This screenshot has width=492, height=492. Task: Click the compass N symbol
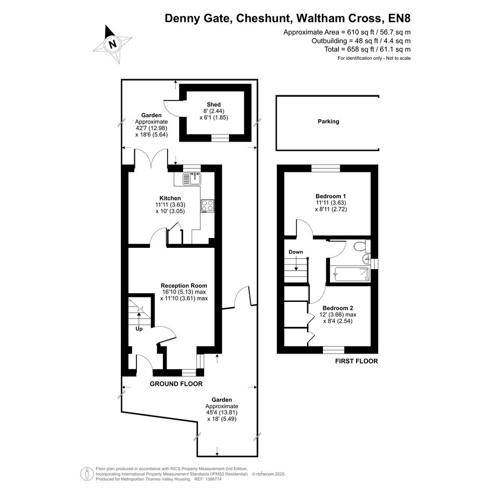(x=112, y=44)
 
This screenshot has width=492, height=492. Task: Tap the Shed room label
(x=213, y=105)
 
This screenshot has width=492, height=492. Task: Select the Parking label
(x=329, y=121)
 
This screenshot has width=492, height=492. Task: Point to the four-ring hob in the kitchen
(x=208, y=206)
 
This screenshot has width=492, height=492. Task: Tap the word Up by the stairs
(x=139, y=329)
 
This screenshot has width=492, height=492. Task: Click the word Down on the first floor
(x=296, y=252)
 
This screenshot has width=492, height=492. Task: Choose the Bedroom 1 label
(x=331, y=196)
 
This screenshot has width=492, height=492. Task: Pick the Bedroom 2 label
(x=337, y=308)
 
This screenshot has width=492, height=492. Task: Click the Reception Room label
(x=184, y=285)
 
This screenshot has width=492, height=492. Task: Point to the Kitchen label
(x=170, y=198)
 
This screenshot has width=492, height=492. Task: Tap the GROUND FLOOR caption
(x=176, y=384)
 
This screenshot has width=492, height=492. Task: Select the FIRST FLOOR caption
(x=357, y=361)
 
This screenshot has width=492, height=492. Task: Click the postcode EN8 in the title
(x=399, y=18)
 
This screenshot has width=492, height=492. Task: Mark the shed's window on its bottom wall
(x=220, y=138)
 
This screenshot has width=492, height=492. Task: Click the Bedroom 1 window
(x=326, y=169)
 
